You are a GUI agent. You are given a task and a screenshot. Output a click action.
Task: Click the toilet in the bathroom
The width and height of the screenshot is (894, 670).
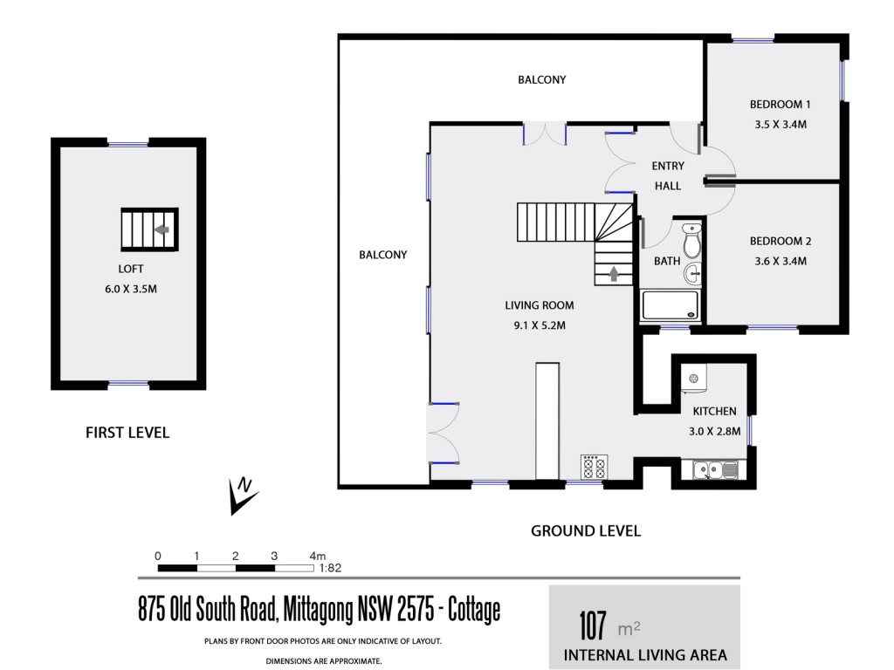692,241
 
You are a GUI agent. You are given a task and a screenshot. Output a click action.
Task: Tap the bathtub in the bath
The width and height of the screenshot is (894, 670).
670,305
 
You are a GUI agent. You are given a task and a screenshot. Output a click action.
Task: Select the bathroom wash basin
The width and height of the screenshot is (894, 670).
692,273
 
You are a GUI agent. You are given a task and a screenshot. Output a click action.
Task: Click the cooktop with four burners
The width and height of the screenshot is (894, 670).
594,468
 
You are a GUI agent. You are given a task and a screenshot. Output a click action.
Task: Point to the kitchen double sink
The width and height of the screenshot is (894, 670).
716,470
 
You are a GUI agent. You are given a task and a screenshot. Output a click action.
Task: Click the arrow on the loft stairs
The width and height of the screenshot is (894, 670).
162,229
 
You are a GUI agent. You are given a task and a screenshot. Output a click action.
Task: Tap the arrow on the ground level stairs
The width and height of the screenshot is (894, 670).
614,274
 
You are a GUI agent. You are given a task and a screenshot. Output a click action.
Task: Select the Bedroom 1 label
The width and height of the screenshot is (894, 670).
780,105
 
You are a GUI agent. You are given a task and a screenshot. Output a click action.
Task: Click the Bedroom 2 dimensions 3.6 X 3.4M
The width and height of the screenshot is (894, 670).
781,261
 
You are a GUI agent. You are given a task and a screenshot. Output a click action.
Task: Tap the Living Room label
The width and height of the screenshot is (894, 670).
540,305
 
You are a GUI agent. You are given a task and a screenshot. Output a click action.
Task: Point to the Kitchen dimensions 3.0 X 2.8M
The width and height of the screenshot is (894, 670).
715,431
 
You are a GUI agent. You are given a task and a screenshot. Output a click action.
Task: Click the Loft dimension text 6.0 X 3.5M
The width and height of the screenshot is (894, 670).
131,289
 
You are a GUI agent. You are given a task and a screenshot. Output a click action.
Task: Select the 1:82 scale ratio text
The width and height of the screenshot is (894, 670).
330,568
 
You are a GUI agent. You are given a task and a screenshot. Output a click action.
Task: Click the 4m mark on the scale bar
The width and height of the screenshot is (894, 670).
318,556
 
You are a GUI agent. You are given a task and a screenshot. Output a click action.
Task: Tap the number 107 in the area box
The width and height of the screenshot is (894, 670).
593,626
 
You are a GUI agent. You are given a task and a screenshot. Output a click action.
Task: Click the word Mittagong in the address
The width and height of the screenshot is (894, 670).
318,610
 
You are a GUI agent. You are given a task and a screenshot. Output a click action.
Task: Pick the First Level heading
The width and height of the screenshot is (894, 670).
127,433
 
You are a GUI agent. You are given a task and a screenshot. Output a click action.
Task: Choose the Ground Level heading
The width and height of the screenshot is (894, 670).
586,531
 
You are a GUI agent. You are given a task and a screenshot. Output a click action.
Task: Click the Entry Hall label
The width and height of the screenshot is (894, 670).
668,175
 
